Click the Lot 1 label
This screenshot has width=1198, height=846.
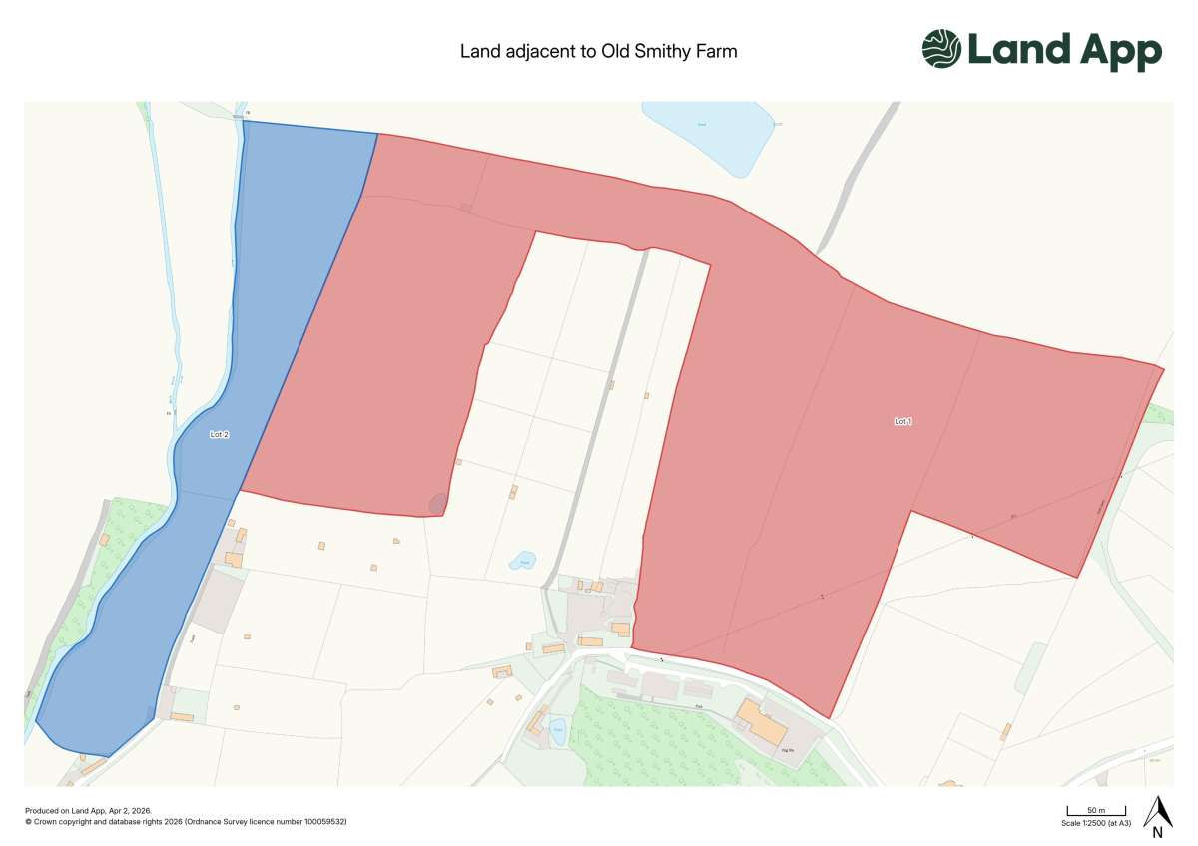point(902,422)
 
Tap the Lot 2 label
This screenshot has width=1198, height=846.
point(220,435)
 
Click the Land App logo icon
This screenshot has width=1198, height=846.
point(941,49)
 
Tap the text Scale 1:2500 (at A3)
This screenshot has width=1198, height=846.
point(1096,824)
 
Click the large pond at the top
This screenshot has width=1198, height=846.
point(709,135)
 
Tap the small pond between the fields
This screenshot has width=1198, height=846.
point(522,560)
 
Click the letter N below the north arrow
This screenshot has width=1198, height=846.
point(1157,833)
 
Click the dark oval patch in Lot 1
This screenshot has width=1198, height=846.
point(437,504)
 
